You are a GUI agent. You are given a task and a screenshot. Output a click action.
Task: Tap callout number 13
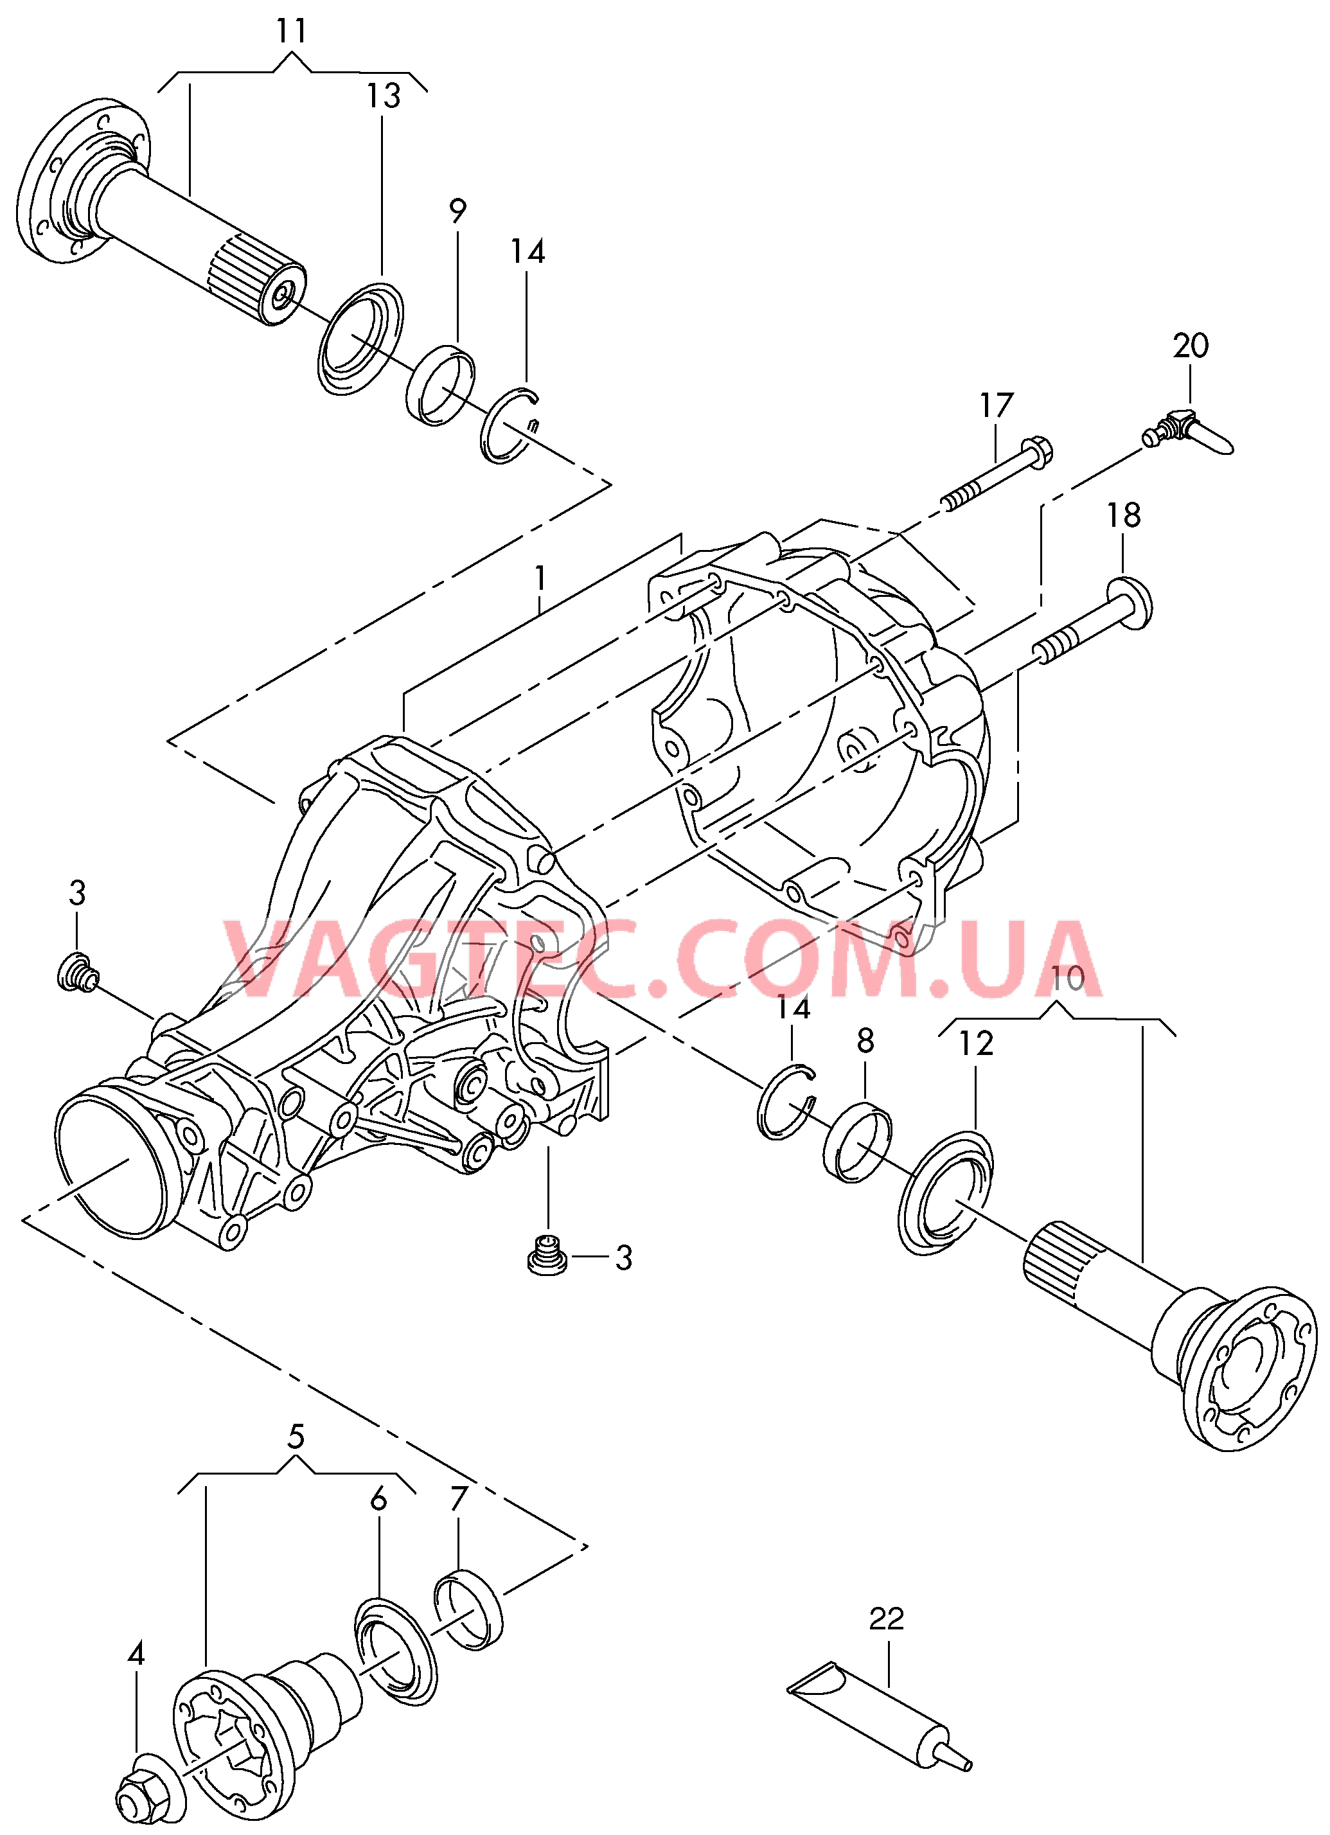[x=384, y=96]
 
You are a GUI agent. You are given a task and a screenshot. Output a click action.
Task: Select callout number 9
[x=458, y=211]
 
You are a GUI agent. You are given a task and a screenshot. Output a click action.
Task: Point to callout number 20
[x=1191, y=346]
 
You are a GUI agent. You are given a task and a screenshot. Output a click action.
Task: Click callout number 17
[x=997, y=405]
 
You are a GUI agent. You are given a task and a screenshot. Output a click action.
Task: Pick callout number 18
[x=1124, y=515]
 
